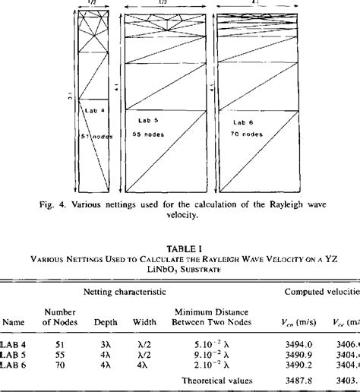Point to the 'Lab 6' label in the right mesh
click(242, 122)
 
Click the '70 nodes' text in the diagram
click(247, 134)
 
